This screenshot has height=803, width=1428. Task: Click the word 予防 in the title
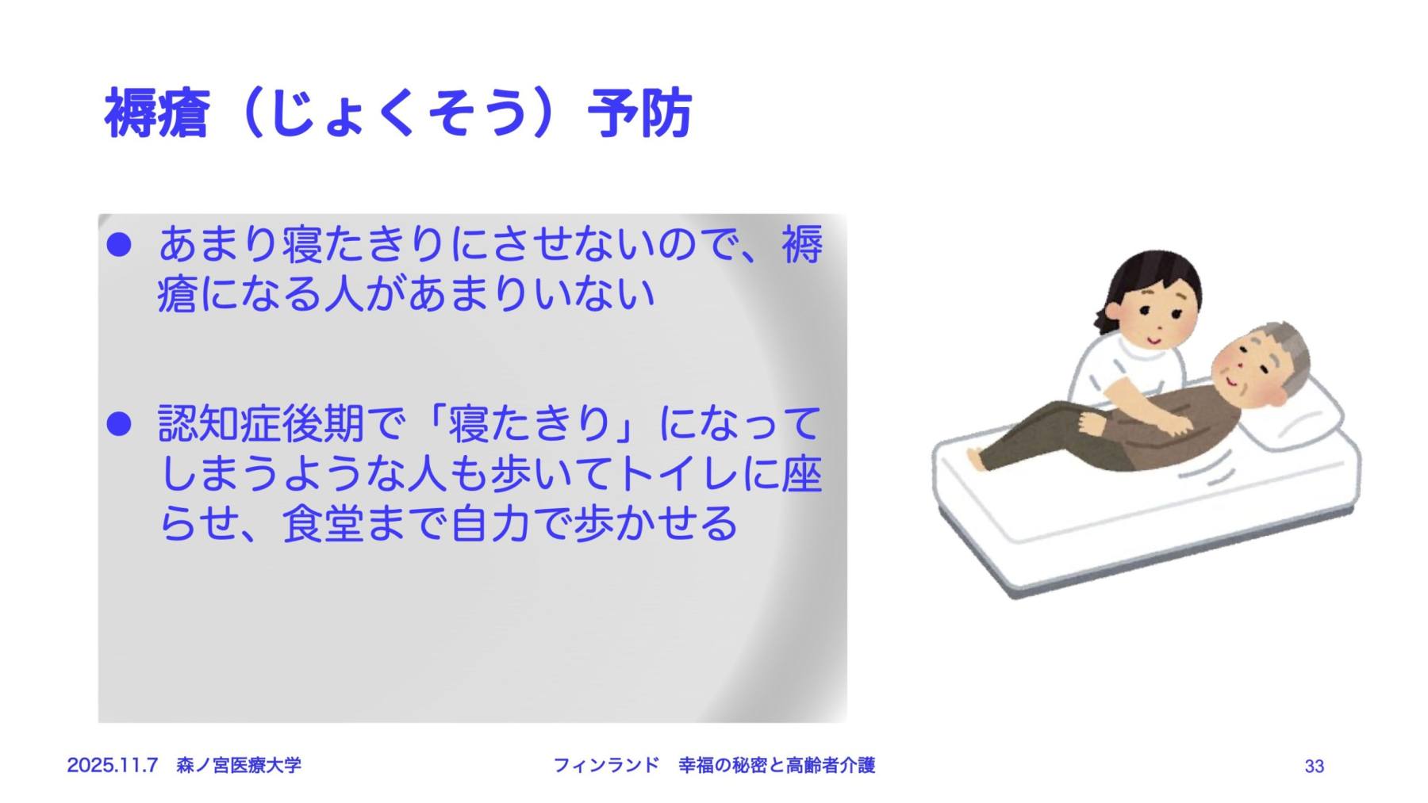pos(639,113)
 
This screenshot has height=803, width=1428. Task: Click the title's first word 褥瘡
pos(156,113)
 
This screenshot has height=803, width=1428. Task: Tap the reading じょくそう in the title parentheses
pos(397,113)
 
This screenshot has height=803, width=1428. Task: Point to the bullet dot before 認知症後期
pos(118,424)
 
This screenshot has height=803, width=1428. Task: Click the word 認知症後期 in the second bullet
pos(261,424)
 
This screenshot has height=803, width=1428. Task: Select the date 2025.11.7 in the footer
pos(113,765)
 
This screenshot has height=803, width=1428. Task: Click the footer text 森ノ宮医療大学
pos(239,765)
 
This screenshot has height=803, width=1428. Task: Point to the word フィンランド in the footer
pos(605,765)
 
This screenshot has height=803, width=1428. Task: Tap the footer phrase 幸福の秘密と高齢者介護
pos(777,765)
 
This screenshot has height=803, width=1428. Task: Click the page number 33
pos(1314,766)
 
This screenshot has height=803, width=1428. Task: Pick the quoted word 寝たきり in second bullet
pos(531,424)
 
